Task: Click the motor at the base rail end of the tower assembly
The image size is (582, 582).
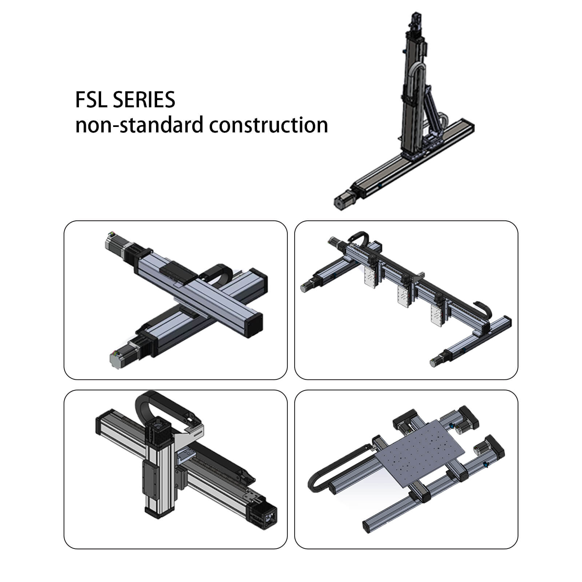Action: [343, 200]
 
